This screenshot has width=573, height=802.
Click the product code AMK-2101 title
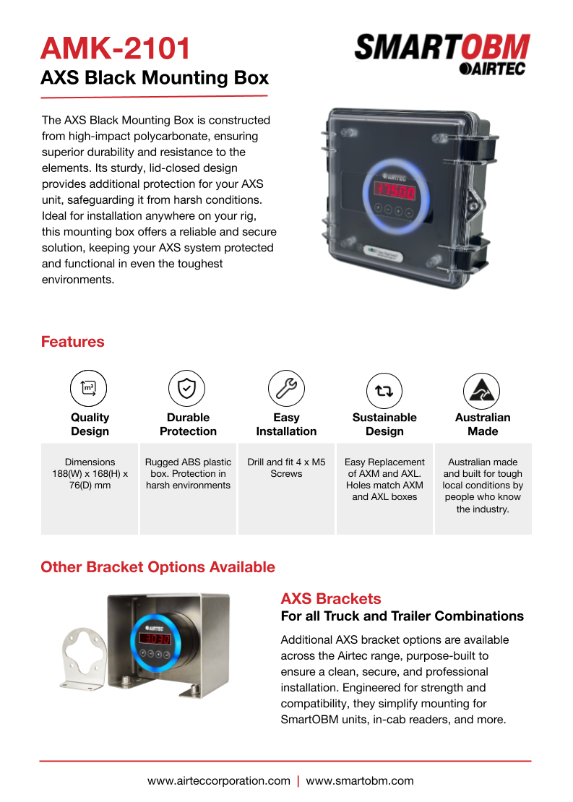click(x=116, y=49)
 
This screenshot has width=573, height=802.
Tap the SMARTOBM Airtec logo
click(x=441, y=53)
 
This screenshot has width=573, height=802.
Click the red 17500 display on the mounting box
click(x=393, y=193)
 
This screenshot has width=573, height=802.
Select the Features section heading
click(x=72, y=342)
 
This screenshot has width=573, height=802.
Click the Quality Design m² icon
click(x=88, y=388)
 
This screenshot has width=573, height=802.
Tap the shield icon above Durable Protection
click(x=186, y=388)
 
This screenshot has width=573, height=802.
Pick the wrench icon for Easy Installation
click(x=286, y=388)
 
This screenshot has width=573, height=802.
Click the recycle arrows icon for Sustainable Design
click(x=384, y=390)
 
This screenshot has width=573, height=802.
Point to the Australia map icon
click(x=482, y=390)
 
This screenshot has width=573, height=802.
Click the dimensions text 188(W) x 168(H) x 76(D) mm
click(x=90, y=473)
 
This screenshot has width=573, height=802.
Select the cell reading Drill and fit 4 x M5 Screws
click(x=286, y=467)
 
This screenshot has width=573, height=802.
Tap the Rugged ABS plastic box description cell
click(x=188, y=473)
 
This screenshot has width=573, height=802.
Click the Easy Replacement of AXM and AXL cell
click(x=384, y=479)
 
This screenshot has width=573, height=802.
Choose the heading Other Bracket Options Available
click(x=158, y=567)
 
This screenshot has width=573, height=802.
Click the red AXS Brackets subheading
click(x=330, y=599)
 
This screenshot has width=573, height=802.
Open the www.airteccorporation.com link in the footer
click(x=218, y=781)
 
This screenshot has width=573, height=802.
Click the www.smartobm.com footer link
click(x=360, y=781)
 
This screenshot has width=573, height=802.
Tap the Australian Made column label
click(x=483, y=424)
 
